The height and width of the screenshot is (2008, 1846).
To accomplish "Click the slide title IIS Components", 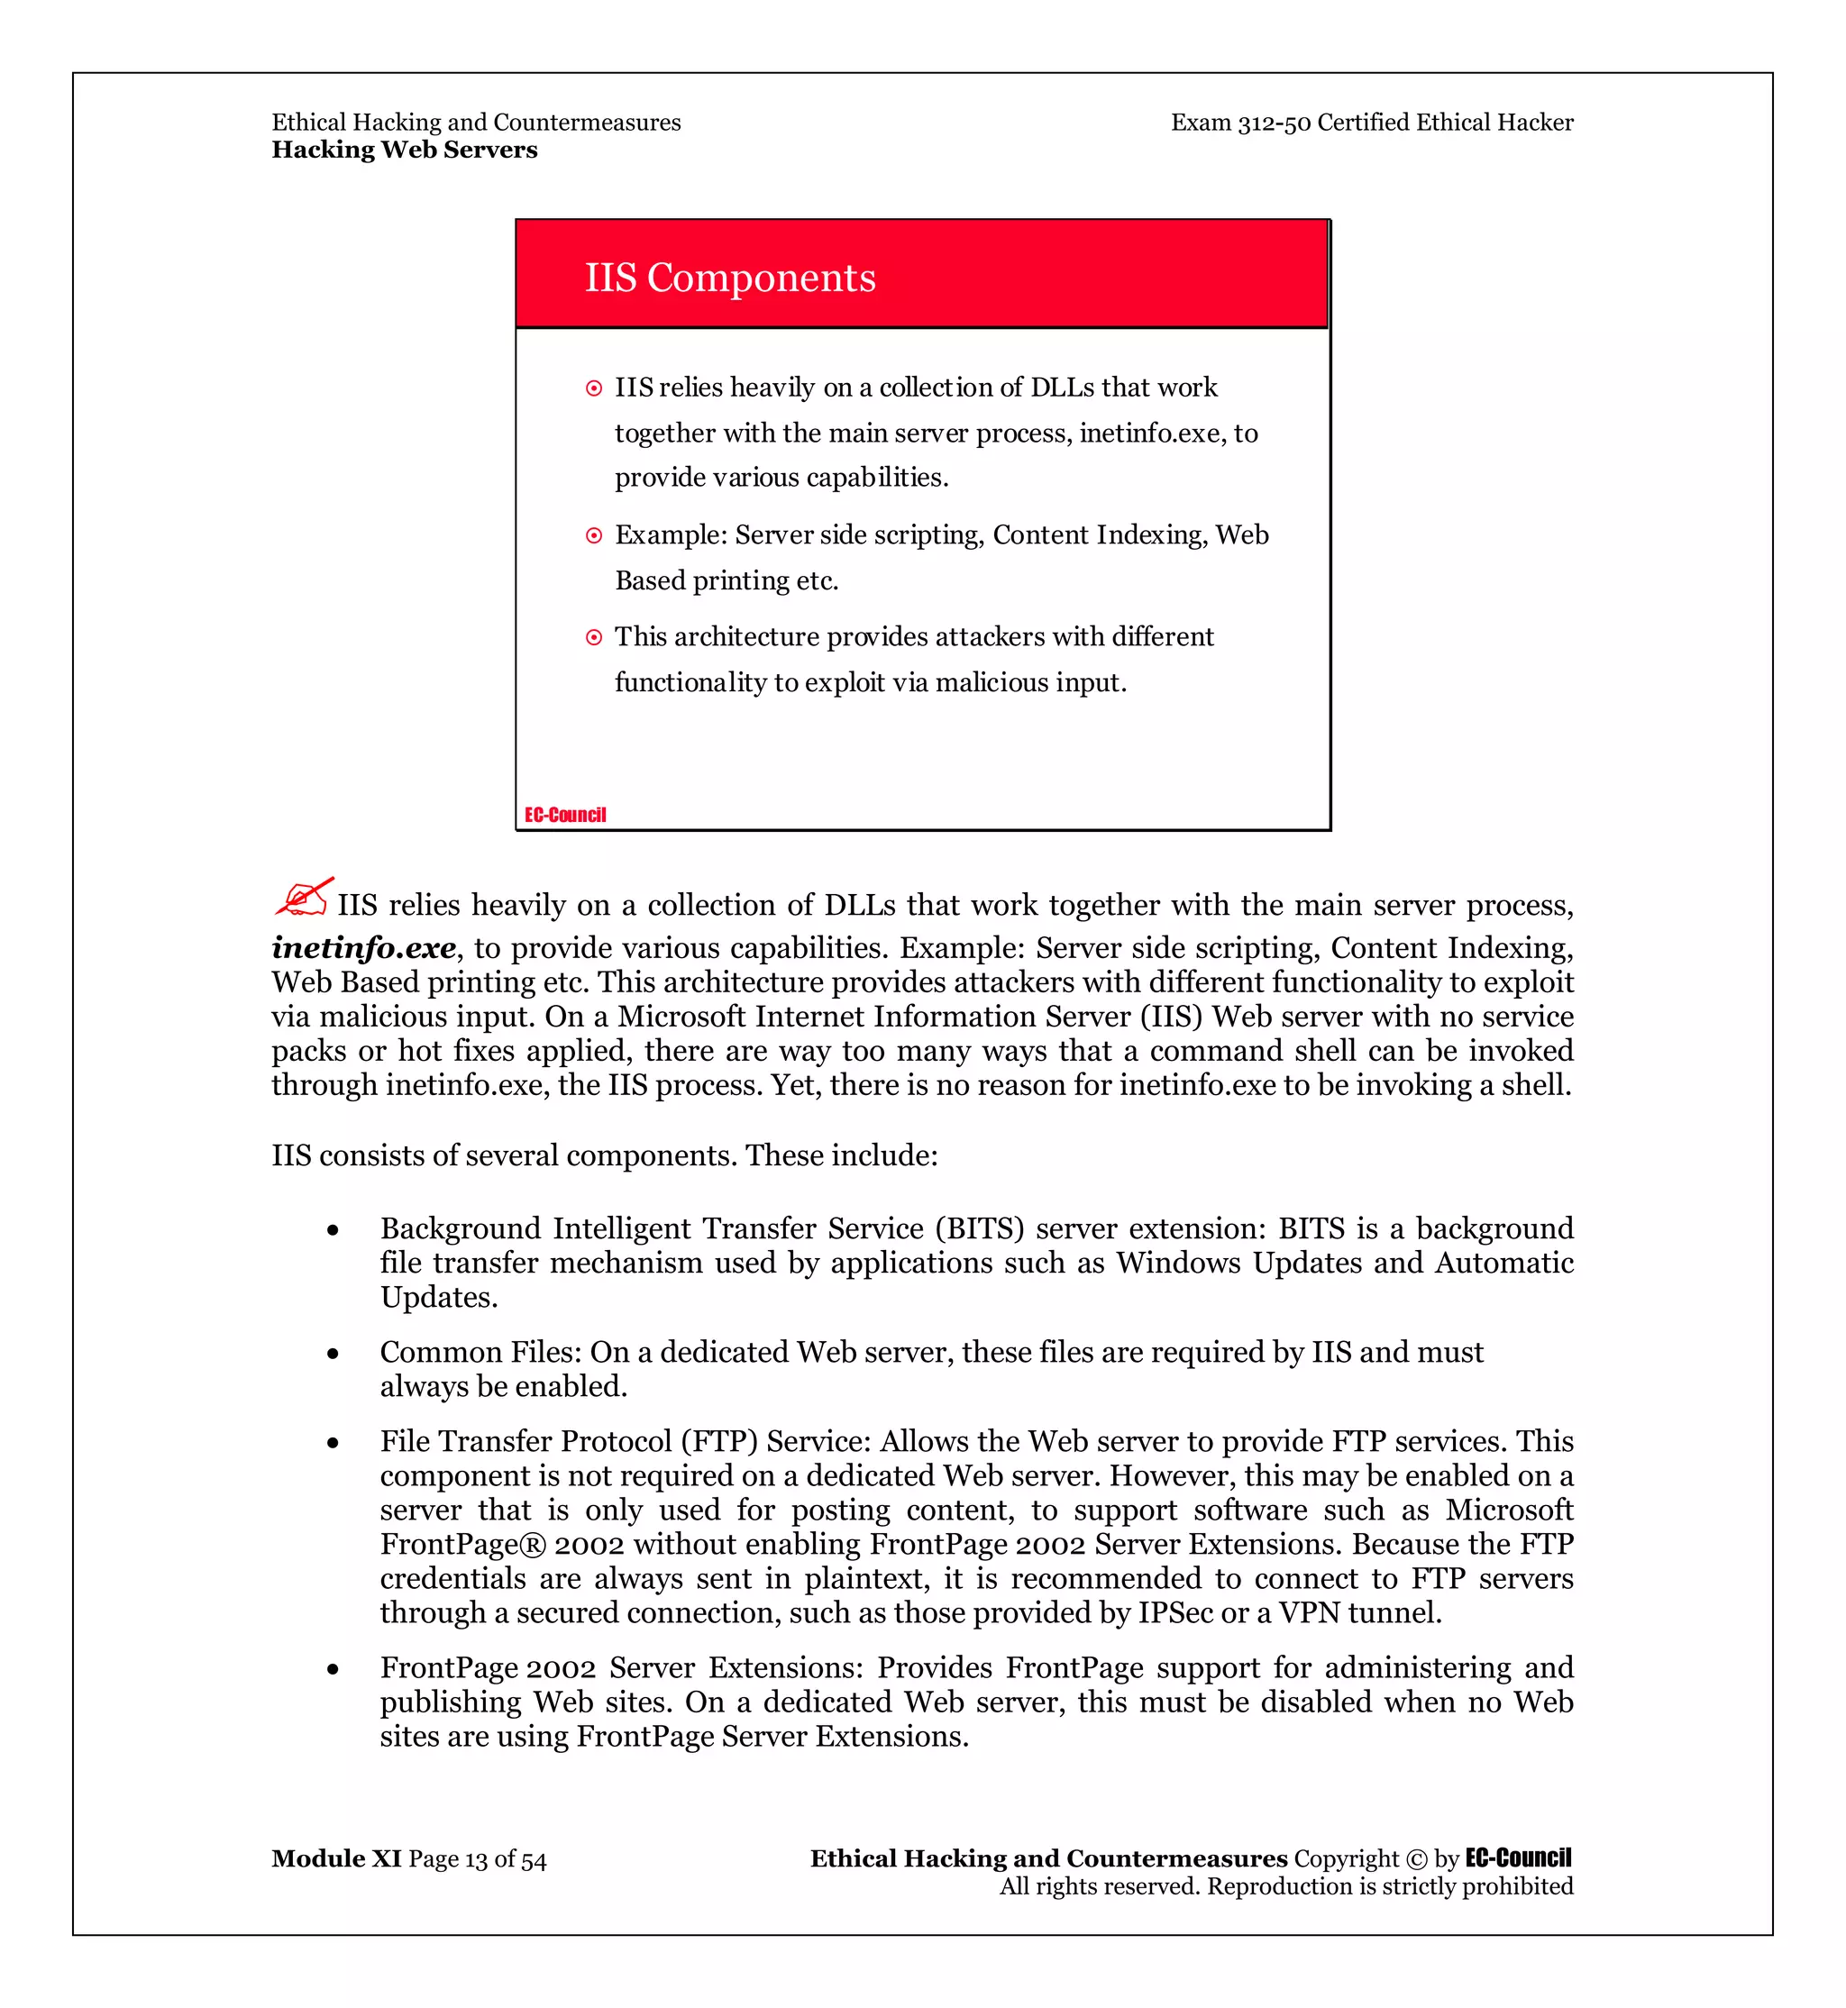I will pos(729,278).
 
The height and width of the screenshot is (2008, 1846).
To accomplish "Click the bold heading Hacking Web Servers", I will pos(405,150).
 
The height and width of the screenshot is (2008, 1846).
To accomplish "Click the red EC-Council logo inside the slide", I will pos(565,816).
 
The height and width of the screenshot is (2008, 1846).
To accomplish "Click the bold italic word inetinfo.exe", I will pos(363,947).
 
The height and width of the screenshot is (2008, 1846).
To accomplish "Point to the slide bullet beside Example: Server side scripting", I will pos(594,536).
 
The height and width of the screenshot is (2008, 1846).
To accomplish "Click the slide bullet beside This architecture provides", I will pos(594,637).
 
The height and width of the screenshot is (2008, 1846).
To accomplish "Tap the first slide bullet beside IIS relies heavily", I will pos(594,388).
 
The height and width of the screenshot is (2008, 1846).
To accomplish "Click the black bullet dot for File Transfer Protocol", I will pos(333,1443).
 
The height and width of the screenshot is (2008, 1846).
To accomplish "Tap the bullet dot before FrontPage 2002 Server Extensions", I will pos(333,1669).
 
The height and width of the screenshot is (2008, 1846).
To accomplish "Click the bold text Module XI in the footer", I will pos(335,1858).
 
